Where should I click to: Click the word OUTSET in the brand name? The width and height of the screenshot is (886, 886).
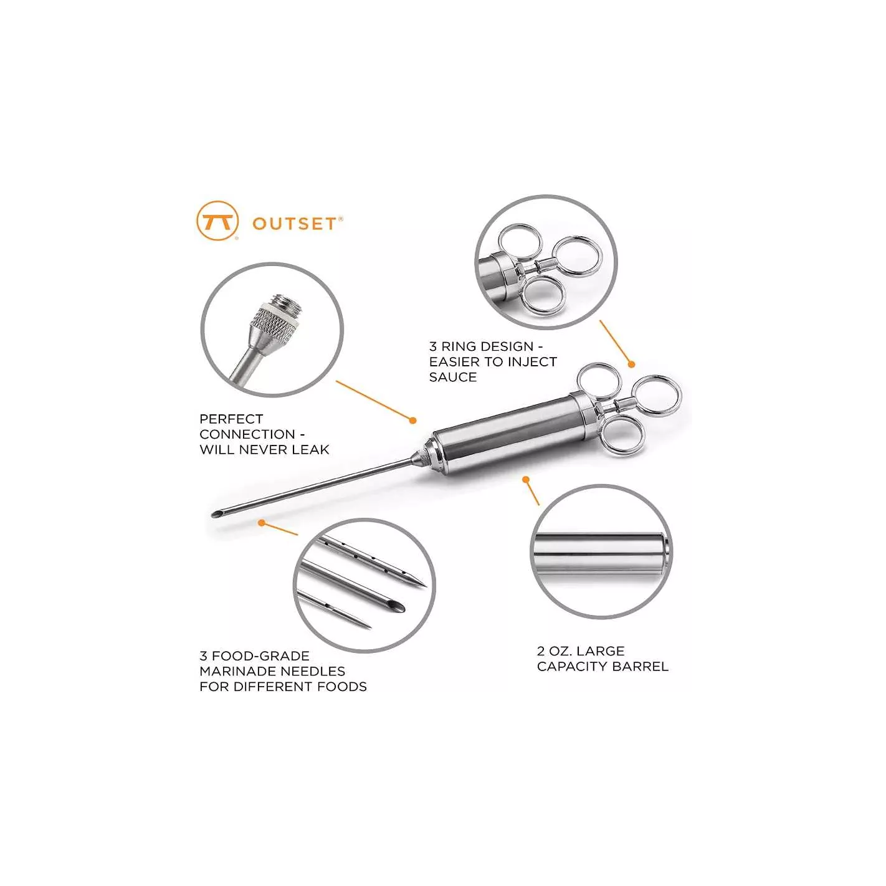[294, 224]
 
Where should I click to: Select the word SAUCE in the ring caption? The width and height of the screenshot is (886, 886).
[452, 377]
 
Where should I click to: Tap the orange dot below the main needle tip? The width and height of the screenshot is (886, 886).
[262, 523]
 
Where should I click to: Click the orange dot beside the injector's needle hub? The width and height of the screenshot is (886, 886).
[413, 420]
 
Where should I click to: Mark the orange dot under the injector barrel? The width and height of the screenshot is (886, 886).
[526, 480]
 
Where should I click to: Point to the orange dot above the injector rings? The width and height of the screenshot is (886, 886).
[631, 364]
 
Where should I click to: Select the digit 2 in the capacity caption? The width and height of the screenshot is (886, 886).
[541, 651]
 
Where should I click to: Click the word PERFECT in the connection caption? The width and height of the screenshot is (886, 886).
[231, 419]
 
